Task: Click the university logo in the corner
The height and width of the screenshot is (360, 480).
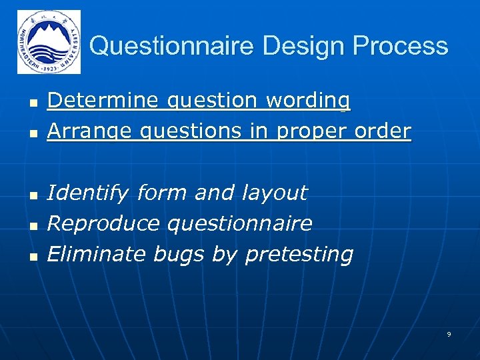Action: click(49, 42)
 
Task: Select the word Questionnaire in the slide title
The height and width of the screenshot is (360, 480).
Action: click(171, 46)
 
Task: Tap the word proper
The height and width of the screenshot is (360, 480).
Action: click(305, 131)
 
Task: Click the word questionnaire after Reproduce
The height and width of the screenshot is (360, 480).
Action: click(239, 223)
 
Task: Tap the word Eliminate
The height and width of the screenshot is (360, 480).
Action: click(97, 254)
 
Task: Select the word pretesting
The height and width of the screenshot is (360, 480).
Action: click(299, 254)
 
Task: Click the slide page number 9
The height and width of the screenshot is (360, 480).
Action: click(449, 334)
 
